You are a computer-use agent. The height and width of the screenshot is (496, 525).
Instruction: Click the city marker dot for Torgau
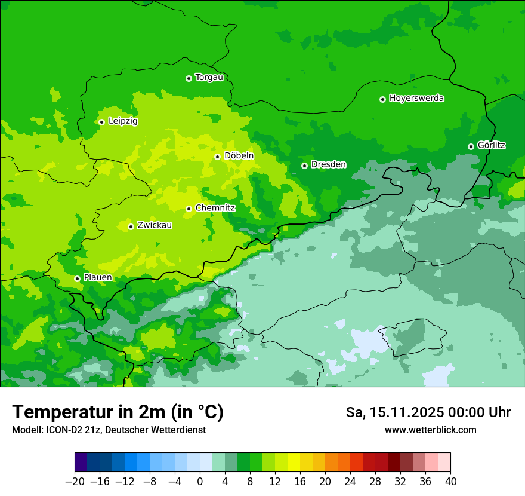point(189,78)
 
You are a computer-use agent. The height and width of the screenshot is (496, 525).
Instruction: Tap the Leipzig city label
point(123,121)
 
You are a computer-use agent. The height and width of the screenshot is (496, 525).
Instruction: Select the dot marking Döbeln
point(217,157)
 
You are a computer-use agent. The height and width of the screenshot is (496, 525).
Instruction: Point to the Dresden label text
point(328,164)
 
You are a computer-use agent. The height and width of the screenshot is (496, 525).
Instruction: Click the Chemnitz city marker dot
point(189,209)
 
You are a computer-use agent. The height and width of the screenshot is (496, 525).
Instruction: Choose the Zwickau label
point(155,225)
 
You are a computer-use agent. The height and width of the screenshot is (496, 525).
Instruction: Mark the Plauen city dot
point(77,278)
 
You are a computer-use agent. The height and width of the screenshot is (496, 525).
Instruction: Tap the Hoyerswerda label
point(416,99)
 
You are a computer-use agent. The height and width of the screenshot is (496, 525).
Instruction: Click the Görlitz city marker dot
point(471,146)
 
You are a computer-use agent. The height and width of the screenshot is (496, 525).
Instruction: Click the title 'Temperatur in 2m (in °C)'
point(118,412)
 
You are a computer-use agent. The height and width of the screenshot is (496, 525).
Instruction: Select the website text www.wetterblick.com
point(430,430)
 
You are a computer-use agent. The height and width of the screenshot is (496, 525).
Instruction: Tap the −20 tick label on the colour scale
point(75,482)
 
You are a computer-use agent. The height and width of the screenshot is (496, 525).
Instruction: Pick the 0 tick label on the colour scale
point(200,482)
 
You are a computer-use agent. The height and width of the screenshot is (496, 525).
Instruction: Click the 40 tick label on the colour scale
point(450,482)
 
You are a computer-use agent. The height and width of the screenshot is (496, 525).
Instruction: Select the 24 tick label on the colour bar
point(350,482)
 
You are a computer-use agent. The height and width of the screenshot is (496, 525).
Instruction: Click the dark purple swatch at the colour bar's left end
point(81,463)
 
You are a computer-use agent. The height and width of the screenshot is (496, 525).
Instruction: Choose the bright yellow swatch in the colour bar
point(294,463)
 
